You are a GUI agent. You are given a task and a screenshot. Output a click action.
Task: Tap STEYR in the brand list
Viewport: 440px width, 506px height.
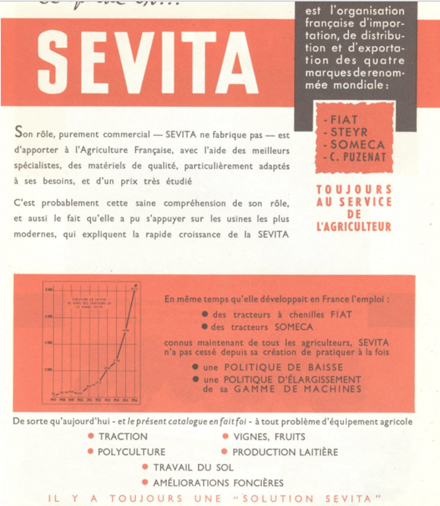pyautogui.click(x=349, y=132)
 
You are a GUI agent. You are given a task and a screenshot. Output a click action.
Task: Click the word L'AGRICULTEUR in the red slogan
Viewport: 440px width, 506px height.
pyautogui.click(x=354, y=227)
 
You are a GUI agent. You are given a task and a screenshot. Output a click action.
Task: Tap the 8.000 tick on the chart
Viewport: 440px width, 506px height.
pyautogui.click(x=49, y=289)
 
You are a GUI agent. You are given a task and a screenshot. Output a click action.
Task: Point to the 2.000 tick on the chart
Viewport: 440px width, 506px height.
pyautogui.click(x=49, y=369)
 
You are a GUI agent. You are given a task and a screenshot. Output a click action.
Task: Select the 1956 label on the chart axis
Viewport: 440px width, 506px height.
pyautogui.click(x=135, y=398)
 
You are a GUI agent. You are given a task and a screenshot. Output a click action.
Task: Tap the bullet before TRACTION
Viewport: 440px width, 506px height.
pyautogui.click(x=90, y=437)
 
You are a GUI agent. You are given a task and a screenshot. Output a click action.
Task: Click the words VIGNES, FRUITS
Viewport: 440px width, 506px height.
pyautogui.click(x=263, y=437)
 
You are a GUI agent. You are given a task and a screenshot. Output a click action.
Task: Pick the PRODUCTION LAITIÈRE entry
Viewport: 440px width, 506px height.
pyautogui.click(x=285, y=452)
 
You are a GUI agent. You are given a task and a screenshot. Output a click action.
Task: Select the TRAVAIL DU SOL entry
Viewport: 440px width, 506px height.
pyautogui.click(x=193, y=467)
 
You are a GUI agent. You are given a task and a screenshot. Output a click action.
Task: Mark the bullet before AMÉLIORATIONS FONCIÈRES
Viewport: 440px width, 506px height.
pyautogui.click(x=146, y=483)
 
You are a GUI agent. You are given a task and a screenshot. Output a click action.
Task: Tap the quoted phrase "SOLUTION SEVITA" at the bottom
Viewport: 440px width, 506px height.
pyautogui.click(x=323, y=499)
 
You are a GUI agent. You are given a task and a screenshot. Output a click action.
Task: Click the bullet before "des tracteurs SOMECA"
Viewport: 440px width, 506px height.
pyautogui.click(x=206, y=327)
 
